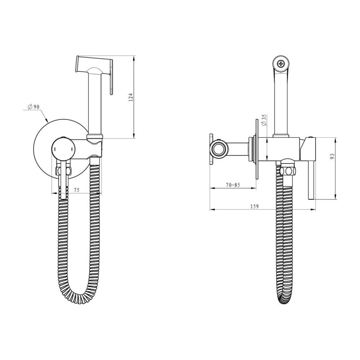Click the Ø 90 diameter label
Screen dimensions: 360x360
tap(33, 107)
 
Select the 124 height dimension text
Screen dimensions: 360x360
tap(130, 97)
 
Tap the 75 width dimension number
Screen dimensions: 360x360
tap(76, 190)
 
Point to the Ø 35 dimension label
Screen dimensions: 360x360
tap(264, 120)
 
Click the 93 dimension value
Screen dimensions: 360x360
tap(332, 156)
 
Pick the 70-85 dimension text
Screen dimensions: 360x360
tap(233, 185)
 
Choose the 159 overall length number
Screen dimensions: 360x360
tap(254, 206)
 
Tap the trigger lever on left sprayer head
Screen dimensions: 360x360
tap(111, 77)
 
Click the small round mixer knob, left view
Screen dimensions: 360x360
tap(63, 148)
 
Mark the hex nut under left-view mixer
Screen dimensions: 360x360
tap(63, 171)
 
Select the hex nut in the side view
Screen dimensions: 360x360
tap(288, 171)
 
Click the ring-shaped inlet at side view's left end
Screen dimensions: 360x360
tap(218, 149)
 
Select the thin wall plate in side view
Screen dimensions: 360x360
tap(256, 149)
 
